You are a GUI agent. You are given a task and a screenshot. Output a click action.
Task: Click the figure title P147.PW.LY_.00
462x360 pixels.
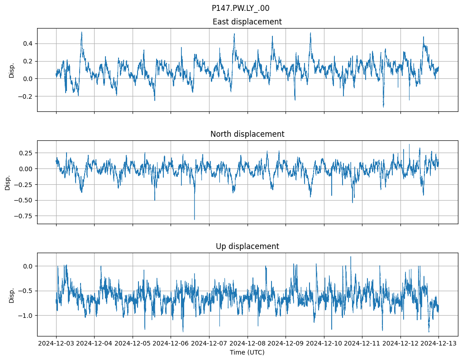click(x=240, y=8)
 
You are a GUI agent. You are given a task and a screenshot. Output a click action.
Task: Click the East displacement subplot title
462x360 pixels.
click(x=247, y=22)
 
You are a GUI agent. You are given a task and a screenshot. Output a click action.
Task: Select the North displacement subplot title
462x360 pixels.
click(x=247, y=134)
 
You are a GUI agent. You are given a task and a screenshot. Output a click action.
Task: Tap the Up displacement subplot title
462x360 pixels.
click(x=247, y=246)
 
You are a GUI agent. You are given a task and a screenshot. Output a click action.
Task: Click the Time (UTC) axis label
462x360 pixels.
click(x=247, y=352)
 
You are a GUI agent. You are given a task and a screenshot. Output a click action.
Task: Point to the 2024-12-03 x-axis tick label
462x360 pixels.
click(x=56, y=344)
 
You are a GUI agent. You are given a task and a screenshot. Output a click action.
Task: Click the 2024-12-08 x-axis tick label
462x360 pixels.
click(x=248, y=344)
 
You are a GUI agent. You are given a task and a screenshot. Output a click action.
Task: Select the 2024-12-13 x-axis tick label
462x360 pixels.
click(x=438, y=344)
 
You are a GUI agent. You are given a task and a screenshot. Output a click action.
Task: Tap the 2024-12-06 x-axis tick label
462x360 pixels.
click(x=171, y=344)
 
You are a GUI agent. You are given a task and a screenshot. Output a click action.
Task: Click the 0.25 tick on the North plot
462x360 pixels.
click(x=25, y=153)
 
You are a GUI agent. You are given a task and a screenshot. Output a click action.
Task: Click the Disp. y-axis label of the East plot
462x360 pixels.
click(x=12, y=70)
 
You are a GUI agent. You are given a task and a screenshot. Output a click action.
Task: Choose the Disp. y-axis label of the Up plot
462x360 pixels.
click(x=12, y=295)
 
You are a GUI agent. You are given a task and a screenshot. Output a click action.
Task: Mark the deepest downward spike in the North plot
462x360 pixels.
click(x=195, y=219)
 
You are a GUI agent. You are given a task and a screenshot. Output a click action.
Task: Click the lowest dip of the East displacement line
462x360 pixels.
click(x=383, y=107)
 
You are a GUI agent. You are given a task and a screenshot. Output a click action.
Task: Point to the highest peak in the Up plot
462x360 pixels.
click(x=350, y=257)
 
